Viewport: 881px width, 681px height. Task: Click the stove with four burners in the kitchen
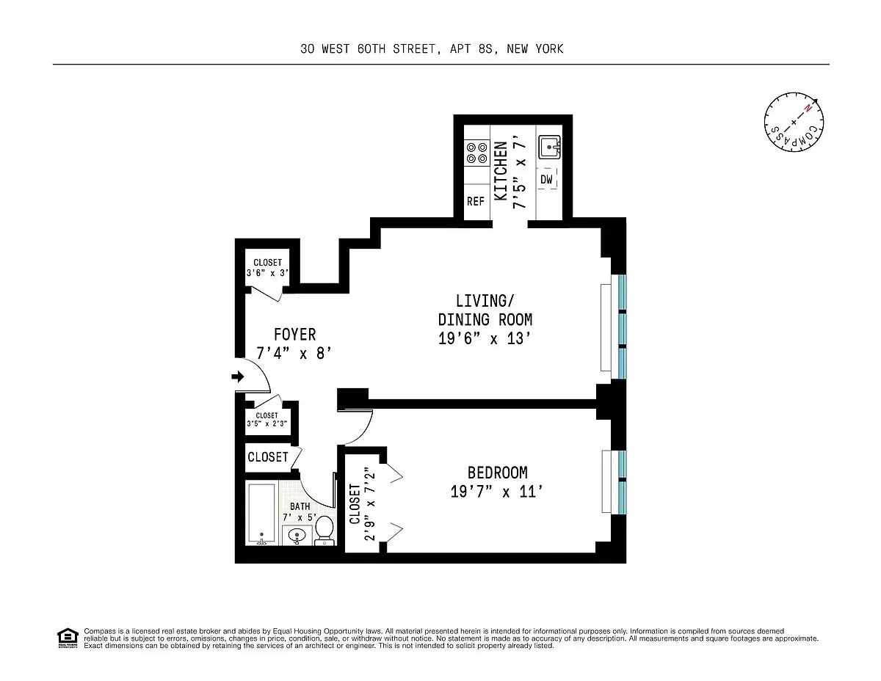click(x=476, y=152)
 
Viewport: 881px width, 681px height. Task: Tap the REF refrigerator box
click(x=476, y=201)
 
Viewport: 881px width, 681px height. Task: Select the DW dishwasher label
click(x=547, y=178)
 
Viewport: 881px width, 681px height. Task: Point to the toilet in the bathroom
click(x=325, y=531)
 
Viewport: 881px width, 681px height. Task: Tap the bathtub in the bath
click(x=262, y=514)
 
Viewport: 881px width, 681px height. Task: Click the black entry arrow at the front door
click(x=238, y=376)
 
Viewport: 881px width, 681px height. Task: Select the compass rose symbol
click(x=793, y=123)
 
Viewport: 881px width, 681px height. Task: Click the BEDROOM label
click(x=497, y=473)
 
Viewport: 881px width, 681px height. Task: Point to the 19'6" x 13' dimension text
click(x=484, y=339)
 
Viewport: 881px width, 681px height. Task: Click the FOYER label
click(x=294, y=335)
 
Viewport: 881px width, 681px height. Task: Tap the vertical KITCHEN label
click(x=501, y=171)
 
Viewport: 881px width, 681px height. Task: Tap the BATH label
click(x=300, y=506)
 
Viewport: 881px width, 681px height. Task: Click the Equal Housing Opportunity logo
click(x=68, y=638)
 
